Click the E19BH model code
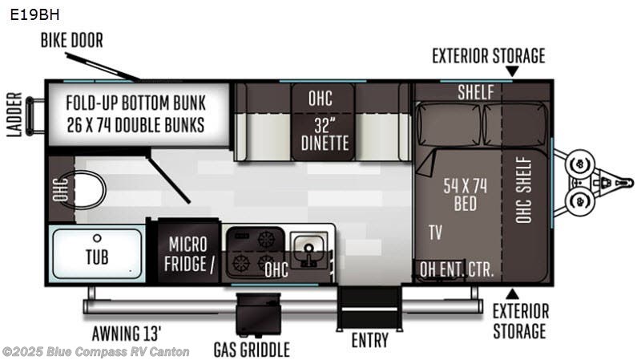[34, 14]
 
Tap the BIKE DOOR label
[72, 41]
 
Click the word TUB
[97, 257]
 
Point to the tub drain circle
[97, 237]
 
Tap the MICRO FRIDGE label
[189, 254]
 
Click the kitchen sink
[309, 249]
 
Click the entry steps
[369, 309]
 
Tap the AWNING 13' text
[127, 334]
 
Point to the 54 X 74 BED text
[466, 195]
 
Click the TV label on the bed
[435, 233]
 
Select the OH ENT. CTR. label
[457, 269]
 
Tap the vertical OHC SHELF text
[524, 190]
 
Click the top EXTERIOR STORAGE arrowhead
[512, 71]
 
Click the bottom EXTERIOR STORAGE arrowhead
[512, 294]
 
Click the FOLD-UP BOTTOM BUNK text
[135, 103]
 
